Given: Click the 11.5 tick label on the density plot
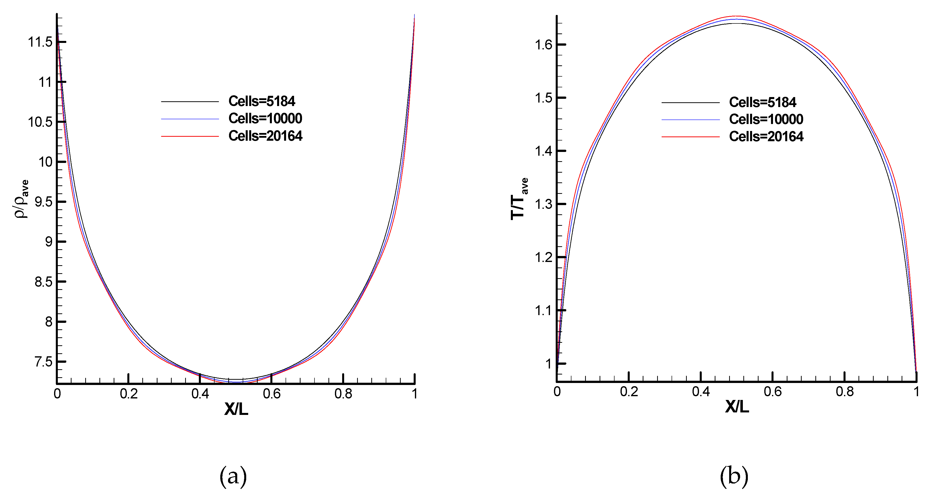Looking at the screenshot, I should click(40, 42).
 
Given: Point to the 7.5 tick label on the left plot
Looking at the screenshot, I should click(43, 362).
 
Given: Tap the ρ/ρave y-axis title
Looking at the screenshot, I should click(21, 199).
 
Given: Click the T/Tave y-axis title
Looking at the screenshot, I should click(519, 199).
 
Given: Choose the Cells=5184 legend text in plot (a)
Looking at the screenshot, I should click(262, 102).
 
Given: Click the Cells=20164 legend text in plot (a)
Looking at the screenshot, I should click(265, 136).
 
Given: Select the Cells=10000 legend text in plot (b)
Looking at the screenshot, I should click(766, 119).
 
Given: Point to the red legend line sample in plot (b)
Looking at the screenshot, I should click(690, 137).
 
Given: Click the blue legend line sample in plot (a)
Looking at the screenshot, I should click(190, 119).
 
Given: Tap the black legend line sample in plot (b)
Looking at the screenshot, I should click(690, 103).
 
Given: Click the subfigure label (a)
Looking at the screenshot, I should click(233, 476).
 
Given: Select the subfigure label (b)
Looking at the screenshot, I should click(734, 476).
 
